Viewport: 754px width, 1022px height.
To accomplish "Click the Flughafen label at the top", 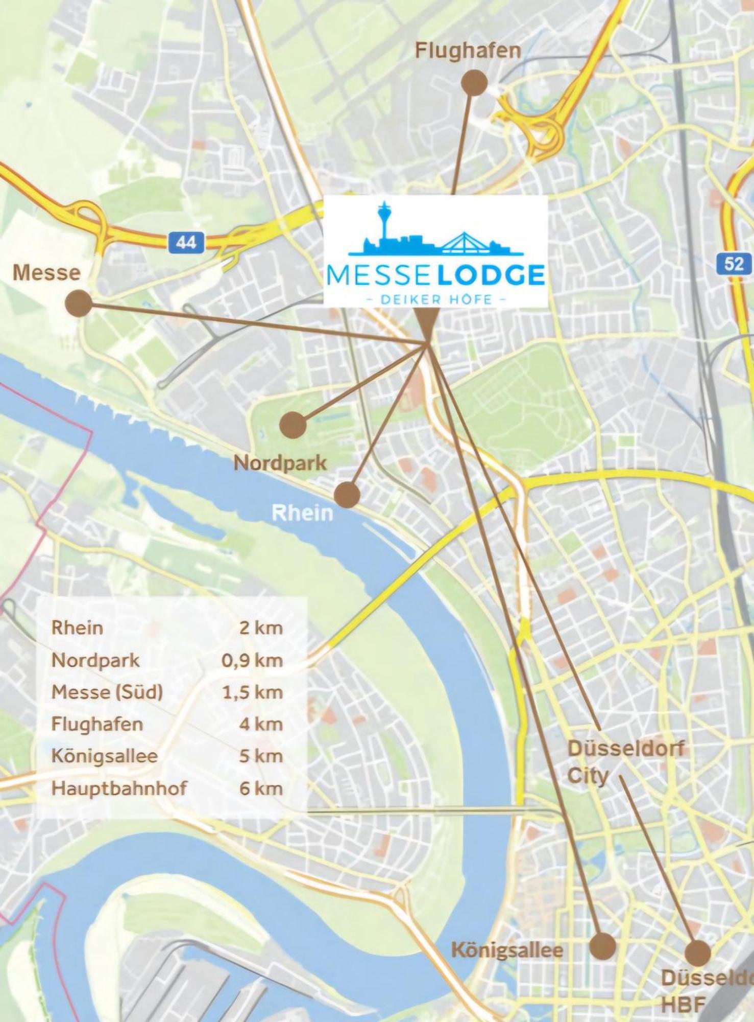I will (x=468, y=51).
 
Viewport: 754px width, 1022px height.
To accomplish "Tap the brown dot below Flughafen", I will (x=474, y=83).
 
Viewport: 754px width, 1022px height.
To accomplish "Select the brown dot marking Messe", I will (x=79, y=304).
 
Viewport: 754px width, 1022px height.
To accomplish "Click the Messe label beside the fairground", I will (x=46, y=272).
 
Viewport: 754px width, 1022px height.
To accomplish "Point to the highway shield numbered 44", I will (x=186, y=242).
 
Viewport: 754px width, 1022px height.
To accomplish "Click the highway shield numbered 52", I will (x=734, y=264).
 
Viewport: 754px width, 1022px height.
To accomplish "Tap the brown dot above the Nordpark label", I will (x=293, y=424).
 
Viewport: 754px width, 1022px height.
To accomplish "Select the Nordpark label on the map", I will (x=280, y=463).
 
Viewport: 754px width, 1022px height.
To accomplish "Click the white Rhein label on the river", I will (x=302, y=513).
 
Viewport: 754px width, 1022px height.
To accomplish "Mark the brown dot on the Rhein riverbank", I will (x=347, y=494).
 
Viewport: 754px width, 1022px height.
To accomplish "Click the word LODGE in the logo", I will (x=492, y=276).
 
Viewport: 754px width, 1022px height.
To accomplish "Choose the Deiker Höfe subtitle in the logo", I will (x=436, y=299).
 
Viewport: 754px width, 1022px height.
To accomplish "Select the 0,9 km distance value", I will (x=252, y=660).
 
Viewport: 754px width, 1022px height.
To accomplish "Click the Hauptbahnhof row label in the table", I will (x=119, y=788).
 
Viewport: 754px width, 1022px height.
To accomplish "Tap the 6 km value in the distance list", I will (x=260, y=788).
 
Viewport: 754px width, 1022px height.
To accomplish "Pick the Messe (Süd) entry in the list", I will (x=107, y=692).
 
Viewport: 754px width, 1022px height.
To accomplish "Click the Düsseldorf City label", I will (x=624, y=762).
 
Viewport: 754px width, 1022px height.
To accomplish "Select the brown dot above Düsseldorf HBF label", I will (x=697, y=953).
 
